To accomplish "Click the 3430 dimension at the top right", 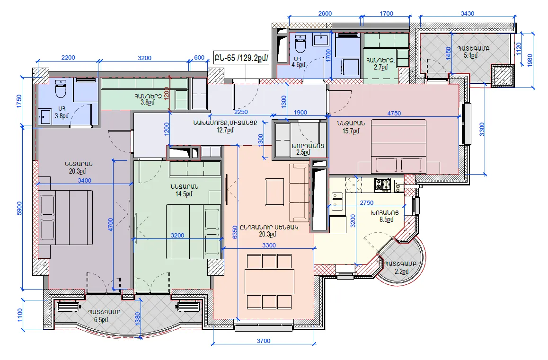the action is point(467,14).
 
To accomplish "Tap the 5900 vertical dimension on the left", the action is point(19,208).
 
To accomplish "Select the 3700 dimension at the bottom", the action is point(264,341).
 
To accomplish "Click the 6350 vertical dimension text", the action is point(235,232).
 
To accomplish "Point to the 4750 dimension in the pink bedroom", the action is point(394,113).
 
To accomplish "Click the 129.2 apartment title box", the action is point(242,58).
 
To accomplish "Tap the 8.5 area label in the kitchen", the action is point(387,220).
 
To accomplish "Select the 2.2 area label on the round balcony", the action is point(402,271).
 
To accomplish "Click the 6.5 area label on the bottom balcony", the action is point(101,319).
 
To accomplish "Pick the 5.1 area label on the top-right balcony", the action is point(471,55).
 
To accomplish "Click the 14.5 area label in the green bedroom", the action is point(184,194).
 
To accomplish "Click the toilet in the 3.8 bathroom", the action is point(61,89).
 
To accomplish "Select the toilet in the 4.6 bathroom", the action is point(301,44).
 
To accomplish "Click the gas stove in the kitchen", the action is point(382,184).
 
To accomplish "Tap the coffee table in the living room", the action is point(274,192).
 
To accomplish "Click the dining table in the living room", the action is point(269,281).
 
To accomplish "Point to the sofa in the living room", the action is point(299,193).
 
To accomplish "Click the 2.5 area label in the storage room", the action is point(303,152).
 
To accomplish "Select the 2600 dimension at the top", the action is point(325,14).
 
